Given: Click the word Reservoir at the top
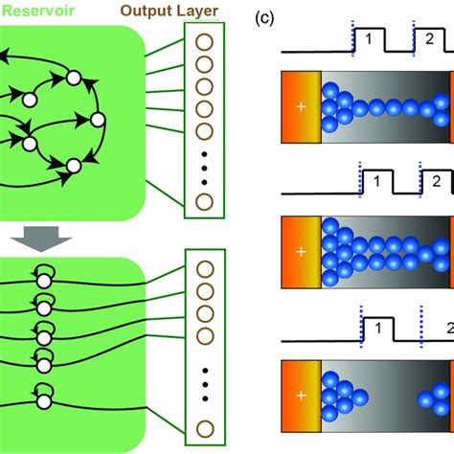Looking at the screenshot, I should tap(33, 12).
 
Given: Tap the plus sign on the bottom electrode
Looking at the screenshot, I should tap(302, 395).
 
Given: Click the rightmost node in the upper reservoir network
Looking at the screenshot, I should tap(97, 120).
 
